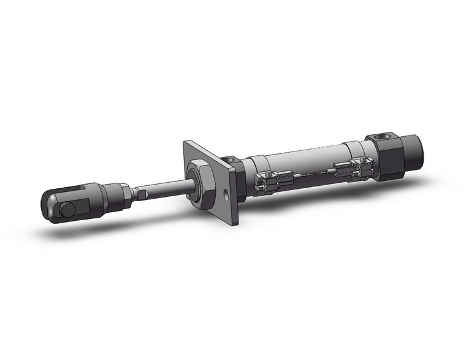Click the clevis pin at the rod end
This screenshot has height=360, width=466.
68,210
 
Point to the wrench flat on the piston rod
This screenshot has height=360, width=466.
142,195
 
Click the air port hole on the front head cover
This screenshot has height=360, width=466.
229,161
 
